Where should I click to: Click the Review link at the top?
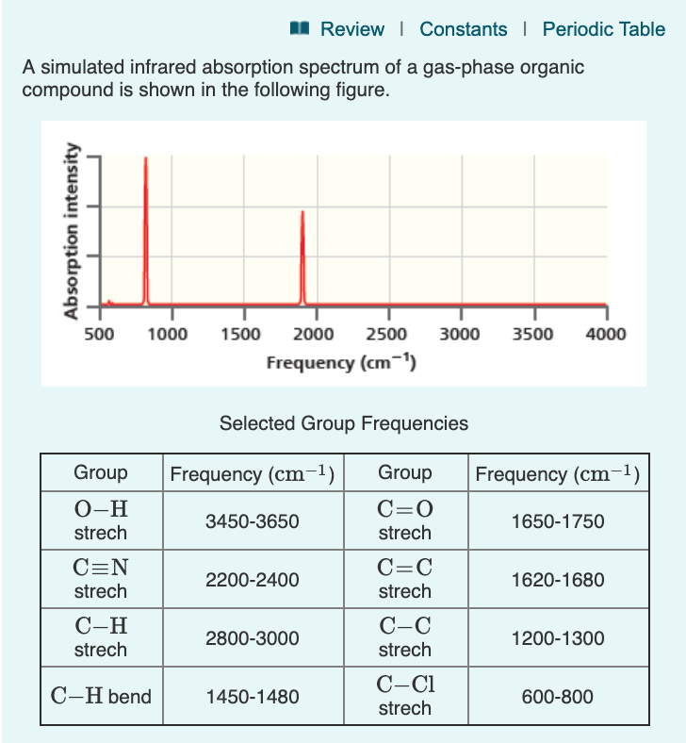(351, 29)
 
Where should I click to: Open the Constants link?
(463, 29)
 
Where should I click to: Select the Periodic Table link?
(603, 29)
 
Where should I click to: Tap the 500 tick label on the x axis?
(99, 334)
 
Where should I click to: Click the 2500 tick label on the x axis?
(387, 334)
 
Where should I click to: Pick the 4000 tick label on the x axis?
(605, 334)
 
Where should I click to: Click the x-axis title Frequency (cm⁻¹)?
(342, 363)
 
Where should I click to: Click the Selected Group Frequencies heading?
(343, 423)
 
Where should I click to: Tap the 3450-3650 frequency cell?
(252, 521)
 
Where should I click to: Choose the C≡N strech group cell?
(100, 579)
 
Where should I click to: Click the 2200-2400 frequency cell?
(252, 580)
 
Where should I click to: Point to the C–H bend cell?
(100, 697)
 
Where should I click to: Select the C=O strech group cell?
(404, 520)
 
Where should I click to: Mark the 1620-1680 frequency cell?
(557, 580)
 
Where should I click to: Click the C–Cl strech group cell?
(404, 696)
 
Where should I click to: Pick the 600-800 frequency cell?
(557, 697)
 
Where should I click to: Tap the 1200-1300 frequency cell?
(557, 638)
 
